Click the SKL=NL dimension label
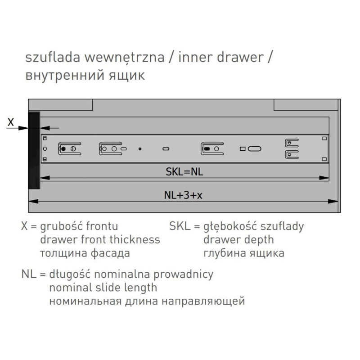click(x=184, y=172)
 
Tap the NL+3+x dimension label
click(x=183, y=195)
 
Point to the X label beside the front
click(x=10, y=122)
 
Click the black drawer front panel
click(x=34, y=150)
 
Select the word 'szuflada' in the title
click(x=53, y=57)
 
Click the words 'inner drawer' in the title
click(x=221, y=57)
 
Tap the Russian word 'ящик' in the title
click(x=127, y=76)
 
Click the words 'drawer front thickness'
click(x=100, y=239)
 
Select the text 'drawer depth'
click(x=238, y=240)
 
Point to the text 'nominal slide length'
click(x=103, y=288)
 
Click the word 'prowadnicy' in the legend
click(x=183, y=274)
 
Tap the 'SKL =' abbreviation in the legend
click(x=184, y=226)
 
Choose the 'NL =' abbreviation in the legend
click(x=33, y=274)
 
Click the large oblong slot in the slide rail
click(x=254, y=149)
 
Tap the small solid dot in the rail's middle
click(x=140, y=149)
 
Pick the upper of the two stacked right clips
click(x=292, y=143)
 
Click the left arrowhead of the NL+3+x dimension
click(x=33, y=201)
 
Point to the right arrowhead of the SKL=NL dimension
click(x=324, y=178)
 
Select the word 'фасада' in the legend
click(x=110, y=253)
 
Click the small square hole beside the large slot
click(x=243, y=149)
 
